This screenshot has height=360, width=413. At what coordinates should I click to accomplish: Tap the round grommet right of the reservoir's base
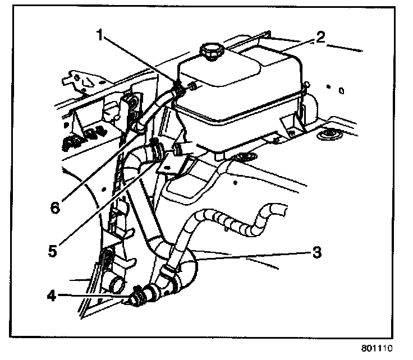[x=326, y=136]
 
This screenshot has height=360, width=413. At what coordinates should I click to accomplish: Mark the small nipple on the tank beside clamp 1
[x=192, y=86]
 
